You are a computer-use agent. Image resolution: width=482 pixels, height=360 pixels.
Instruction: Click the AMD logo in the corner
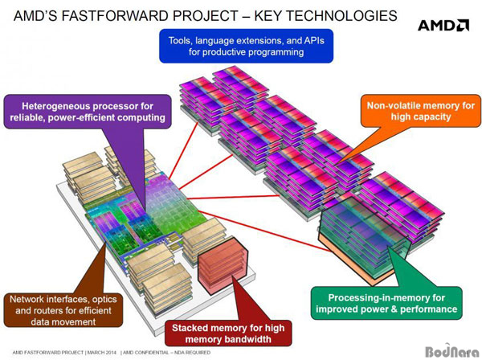click(443, 25)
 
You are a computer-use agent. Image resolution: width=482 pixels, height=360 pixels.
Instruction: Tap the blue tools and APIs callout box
click(247, 46)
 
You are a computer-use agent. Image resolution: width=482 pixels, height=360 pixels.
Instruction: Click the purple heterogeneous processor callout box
click(88, 112)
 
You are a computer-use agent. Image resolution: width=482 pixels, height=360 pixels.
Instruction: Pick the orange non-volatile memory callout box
click(421, 111)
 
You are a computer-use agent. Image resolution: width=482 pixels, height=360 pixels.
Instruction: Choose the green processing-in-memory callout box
click(386, 303)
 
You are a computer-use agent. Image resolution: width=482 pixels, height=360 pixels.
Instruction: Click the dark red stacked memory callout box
click(228, 333)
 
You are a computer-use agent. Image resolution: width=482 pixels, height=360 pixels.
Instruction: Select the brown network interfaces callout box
click(63, 310)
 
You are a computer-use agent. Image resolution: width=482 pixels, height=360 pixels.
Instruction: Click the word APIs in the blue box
click(314, 40)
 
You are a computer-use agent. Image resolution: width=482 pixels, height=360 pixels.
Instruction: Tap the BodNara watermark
click(451, 351)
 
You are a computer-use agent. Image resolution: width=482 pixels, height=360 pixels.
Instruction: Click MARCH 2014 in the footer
click(102, 352)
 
